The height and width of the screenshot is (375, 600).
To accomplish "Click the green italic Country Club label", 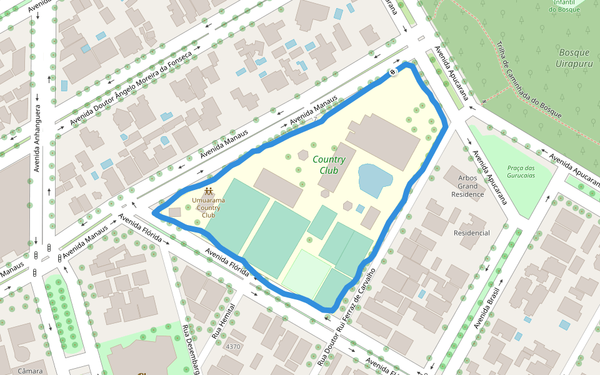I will (x=329, y=165).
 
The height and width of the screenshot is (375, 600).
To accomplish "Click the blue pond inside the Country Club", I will (x=374, y=179).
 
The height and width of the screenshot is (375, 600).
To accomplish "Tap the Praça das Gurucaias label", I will (x=521, y=171).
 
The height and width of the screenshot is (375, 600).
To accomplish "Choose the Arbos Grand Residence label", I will (x=467, y=186).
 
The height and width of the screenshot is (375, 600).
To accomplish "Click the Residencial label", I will (x=472, y=233).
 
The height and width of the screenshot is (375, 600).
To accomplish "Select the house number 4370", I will (x=233, y=346).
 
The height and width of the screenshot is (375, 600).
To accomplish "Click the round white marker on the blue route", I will (x=393, y=72).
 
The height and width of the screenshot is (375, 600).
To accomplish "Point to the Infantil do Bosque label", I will (x=565, y=6).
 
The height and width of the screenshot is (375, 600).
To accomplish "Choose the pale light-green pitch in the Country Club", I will (x=306, y=272).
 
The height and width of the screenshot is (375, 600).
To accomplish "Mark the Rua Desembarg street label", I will (x=191, y=349).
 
